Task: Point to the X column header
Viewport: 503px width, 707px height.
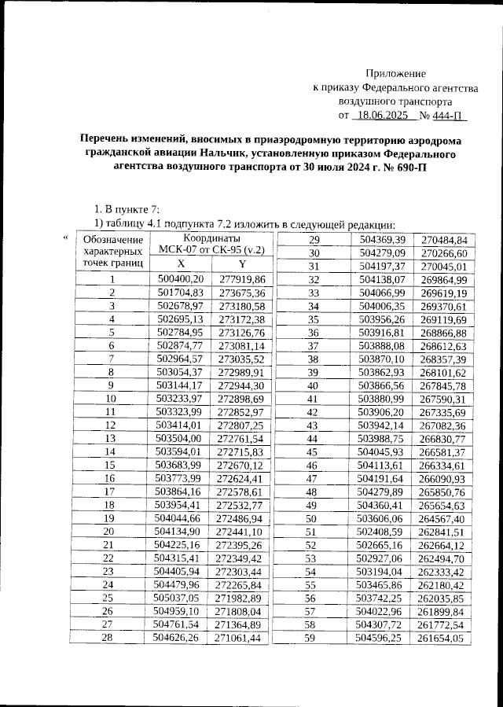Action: point(181,264)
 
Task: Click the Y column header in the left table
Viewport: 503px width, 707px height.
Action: point(242,264)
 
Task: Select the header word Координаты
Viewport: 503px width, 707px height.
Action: point(211,238)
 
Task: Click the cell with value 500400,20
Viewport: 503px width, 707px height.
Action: point(181,279)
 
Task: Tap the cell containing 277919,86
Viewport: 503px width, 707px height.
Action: point(242,279)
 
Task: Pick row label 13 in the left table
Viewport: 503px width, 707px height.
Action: point(111,438)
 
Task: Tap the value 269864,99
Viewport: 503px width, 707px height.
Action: point(444,279)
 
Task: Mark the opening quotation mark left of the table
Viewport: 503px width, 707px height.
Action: point(66,238)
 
